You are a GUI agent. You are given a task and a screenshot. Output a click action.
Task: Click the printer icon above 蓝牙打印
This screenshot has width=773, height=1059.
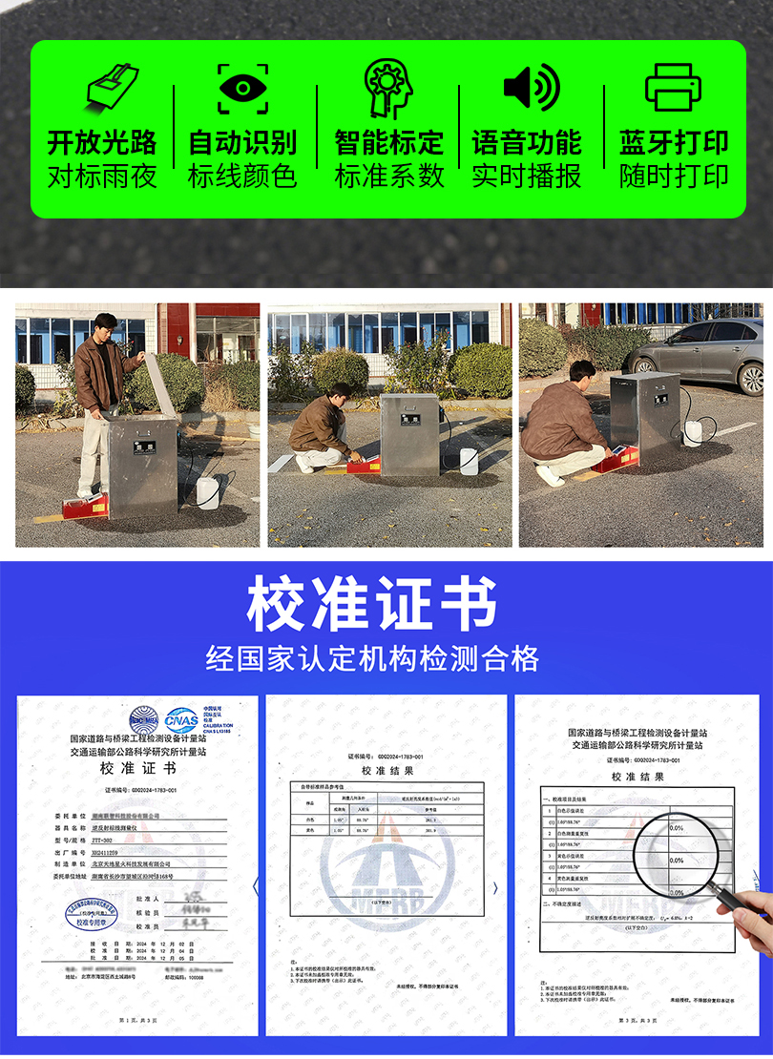pos(674,88)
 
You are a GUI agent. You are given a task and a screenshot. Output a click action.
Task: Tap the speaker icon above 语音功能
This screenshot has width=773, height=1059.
pos(531,88)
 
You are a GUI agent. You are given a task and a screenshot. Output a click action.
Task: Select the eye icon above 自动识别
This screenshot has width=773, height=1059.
pos(242,88)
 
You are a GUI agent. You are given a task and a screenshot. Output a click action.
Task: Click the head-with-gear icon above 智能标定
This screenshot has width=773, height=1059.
pos(388,88)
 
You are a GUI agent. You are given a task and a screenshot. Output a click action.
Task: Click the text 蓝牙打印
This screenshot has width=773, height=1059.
pos(674,143)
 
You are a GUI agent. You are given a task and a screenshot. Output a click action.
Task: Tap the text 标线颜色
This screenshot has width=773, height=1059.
pos(242,176)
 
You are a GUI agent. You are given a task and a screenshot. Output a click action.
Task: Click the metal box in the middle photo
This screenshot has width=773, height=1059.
pos(408,433)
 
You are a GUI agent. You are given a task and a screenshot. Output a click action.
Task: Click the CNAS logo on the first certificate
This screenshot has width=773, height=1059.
pos(181,718)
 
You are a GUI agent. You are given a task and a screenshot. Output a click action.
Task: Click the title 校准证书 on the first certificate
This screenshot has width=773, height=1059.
pos(139,769)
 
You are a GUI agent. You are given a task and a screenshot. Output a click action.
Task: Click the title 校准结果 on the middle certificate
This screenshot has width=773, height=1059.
pos(386,771)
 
